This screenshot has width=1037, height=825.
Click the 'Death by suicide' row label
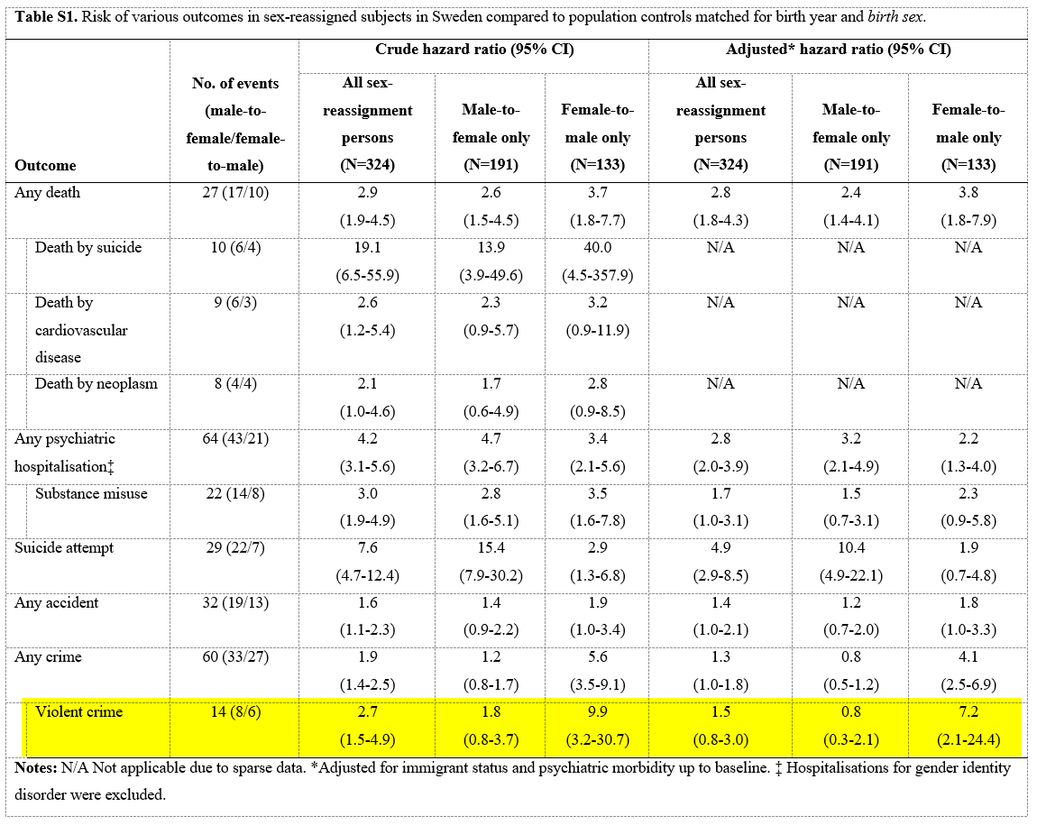point(88,247)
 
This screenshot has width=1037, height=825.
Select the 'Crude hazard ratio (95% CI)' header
point(474,50)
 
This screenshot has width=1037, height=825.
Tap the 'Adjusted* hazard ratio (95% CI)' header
point(839,50)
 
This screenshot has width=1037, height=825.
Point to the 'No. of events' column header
point(235,83)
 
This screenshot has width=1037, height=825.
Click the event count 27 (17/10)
point(235,192)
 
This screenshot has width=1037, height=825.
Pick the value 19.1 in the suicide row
point(367,247)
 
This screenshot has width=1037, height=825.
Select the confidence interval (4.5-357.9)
point(598,274)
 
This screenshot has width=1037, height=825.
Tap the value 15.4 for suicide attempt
point(491,547)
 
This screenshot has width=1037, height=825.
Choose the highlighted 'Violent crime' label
point(79,711)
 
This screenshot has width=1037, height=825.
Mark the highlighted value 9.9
point(598,711)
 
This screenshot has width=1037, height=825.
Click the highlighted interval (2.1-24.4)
point(968,739)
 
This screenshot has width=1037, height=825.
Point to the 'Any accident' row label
point(57,602)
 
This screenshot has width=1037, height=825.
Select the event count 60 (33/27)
point(235,656)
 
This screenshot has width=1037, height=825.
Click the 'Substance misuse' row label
point(91,493)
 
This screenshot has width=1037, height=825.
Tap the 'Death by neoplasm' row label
point(96,383)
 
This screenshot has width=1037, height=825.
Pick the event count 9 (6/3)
point(235,302)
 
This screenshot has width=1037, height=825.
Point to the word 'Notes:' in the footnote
point(36,768)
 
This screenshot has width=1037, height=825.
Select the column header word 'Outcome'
point(45,165)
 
